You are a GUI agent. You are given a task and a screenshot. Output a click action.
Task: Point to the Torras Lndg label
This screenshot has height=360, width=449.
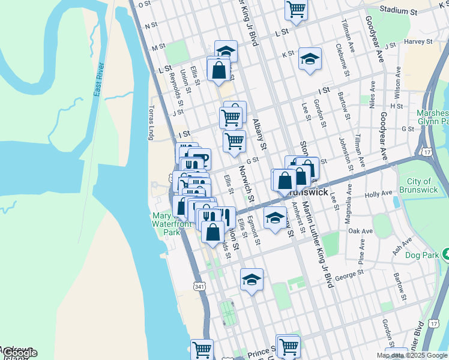click(151, 123)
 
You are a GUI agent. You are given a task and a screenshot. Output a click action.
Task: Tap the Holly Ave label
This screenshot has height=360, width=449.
click(378, 195)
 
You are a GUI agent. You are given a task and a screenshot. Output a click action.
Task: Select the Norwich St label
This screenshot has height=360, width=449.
click(247, 184)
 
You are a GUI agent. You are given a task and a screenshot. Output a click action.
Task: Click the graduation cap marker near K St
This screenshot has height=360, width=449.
click(310, 58)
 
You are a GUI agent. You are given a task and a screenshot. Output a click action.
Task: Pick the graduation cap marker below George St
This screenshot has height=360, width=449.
click(252, 279)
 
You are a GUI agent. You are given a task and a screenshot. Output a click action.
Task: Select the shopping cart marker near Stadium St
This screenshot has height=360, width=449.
click(296, 8)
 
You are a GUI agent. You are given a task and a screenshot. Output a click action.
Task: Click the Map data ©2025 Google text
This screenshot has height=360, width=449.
click(411, 355)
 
